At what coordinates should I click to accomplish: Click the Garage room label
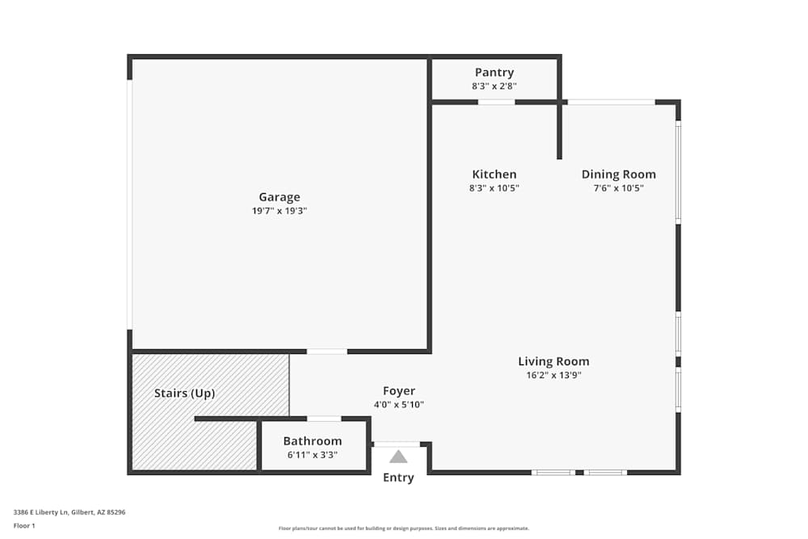[x=279, y=197]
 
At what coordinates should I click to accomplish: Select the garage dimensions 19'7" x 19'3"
[x=279, y=210]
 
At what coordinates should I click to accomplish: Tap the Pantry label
[x=494, y=73]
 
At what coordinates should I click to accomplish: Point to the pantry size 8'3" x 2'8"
[x=494, y=86]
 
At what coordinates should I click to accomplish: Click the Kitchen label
[x=494, y=175]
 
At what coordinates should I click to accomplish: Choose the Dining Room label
[x=618, y=175]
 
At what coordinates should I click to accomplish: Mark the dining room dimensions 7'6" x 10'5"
[x=618, y=188]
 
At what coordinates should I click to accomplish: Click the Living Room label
[x=553, y=361]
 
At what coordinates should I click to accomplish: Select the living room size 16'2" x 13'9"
[x=553, y=375]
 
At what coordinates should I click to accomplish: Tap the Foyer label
[x=398, y=391]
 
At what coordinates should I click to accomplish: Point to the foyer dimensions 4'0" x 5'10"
[x=398, y=405]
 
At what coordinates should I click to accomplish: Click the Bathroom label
[x=312, y=441]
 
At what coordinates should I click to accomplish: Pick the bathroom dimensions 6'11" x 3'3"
[x=312, y=455]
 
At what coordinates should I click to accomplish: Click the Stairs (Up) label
[x=184, y=394]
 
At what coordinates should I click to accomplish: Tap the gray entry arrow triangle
[x=398, y=457]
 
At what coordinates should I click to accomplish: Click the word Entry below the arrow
[x=398, y=478]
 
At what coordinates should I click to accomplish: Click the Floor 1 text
[x=24, y=525]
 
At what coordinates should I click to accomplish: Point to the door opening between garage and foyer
[x=326, y=352]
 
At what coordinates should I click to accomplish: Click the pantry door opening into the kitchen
[x=496, y=102]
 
